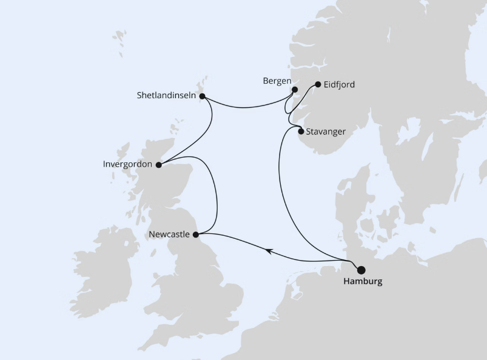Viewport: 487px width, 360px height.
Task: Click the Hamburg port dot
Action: coord(362,270)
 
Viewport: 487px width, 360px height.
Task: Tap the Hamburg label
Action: coord(363,282)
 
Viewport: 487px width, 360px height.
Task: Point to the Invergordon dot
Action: coord(158,164)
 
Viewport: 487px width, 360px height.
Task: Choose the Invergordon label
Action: coord(128,164)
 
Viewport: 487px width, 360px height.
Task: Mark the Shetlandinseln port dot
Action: coord(203,96)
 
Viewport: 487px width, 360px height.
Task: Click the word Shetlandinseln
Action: coord(166,95)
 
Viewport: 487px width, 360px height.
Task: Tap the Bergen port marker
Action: coord(295,90)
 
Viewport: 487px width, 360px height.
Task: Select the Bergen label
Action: coord(277,81)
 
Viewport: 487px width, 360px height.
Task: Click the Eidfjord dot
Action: coord(318,84)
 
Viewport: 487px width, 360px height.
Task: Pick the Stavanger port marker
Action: coord(301,131)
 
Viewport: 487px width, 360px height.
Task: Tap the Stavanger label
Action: coord(326,132)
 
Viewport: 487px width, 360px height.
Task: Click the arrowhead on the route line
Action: coord(266,248)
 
